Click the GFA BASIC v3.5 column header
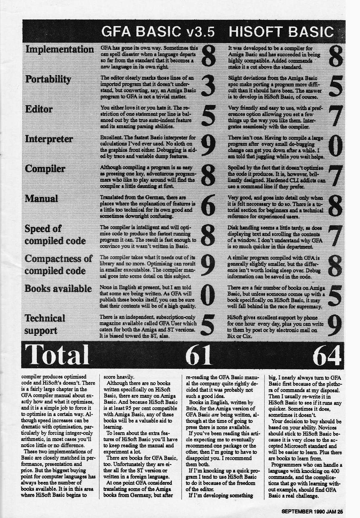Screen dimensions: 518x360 pyautogui.click(x=158, y=32)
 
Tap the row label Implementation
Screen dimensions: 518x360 pyautogui.click(x=59, y=49)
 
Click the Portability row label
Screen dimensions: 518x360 pyautogui.click(x=48, y=79)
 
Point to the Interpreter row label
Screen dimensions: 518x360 pyautogui.click(x=49, y=139)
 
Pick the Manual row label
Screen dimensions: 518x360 pyautogui.click(x=41, y=199)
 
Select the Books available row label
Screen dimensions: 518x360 pyautogui.click(x=58, y=289)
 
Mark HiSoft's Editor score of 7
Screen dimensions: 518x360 pyautogui.click(x=335, y=116)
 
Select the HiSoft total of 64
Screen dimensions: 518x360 pyautogui.click(x=328, y=356)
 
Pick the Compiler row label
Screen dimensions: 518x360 pyautogui.click(x=45, y=169)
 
